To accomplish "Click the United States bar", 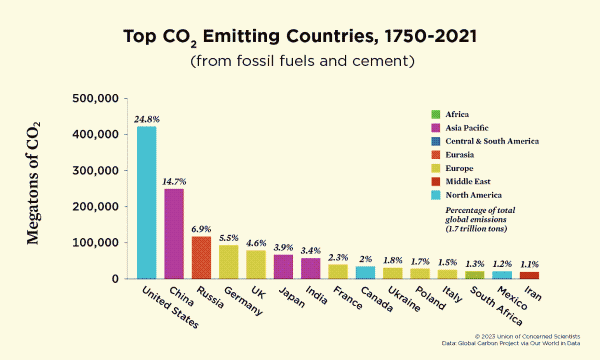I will click(146, 202).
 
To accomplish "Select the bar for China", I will click(173, 233).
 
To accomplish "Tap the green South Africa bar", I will click(474, 274).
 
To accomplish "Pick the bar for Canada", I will click(365, 272).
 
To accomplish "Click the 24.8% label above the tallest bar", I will click(146, 119).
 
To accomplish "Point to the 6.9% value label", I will click(201, 229).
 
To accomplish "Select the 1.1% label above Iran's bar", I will click(529, 264).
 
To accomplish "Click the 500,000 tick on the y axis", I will click(95, 98).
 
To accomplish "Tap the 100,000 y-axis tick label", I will click(95, 242).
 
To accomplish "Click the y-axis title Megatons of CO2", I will click(33, 182).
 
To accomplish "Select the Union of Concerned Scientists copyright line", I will click(527, 336).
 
